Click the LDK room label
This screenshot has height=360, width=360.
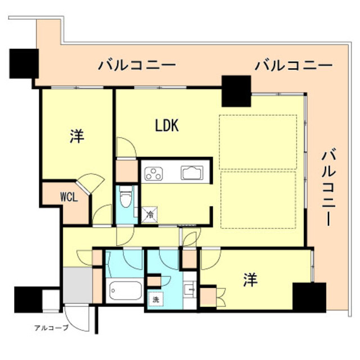167,126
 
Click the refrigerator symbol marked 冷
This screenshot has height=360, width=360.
150,214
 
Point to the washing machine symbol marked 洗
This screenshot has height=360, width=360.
154,299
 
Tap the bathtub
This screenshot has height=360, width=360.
125,292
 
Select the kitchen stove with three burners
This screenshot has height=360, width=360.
153,174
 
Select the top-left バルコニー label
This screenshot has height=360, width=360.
137,65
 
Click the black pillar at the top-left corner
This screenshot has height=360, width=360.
23,63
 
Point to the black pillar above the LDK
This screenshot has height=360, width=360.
236,91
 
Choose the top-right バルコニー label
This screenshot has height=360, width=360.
293,65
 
